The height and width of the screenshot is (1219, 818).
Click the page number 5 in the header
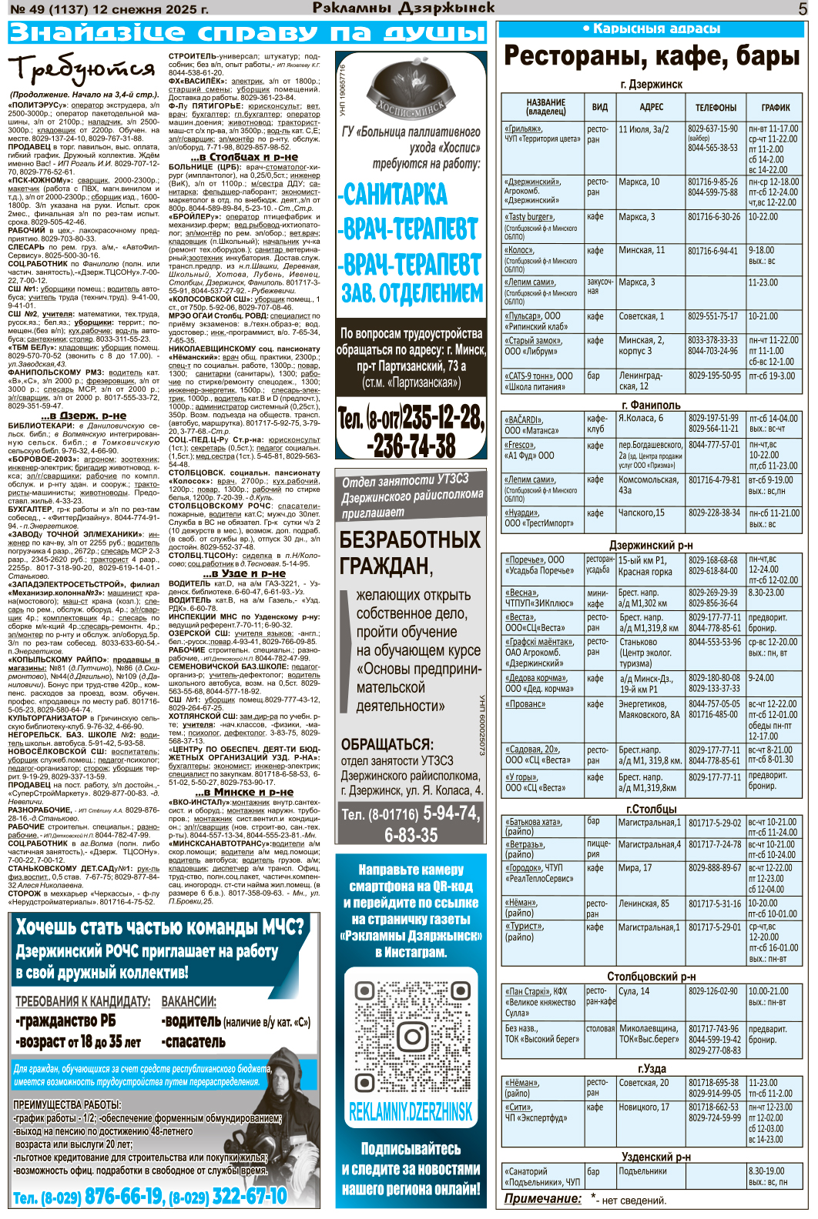coord(803,9)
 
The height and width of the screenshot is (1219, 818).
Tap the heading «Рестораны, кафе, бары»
coord(652,56)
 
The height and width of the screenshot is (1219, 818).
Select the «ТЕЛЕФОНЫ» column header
coord(716,107)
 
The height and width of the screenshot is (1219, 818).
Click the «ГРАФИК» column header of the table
coord(776,107)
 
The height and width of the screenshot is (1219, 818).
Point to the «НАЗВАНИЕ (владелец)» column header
coord(545,107)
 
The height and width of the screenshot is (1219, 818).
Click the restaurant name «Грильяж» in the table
coord(523,129)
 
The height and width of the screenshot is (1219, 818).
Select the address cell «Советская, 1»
coord(641,316)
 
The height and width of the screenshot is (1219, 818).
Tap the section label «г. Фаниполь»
coord(651,405)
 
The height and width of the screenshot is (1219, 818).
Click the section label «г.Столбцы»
coord(651,809)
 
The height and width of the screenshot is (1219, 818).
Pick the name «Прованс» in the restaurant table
coord(525,704)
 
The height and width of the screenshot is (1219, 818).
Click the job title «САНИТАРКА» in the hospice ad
coord(392,194)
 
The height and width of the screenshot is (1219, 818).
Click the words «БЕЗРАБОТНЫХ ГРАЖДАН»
coord(410,552)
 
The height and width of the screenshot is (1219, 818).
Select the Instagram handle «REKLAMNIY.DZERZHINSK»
coord(411,1111)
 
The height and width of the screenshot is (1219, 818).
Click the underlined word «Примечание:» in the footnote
coord(542,1198)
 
